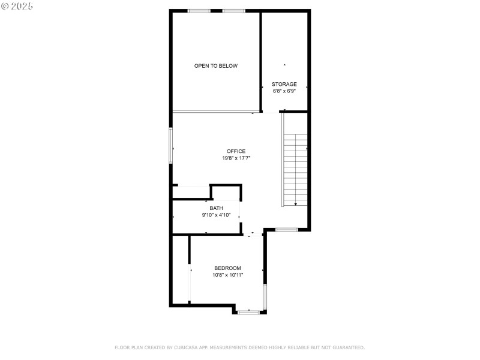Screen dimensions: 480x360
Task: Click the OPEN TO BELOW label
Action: tap(216, 66)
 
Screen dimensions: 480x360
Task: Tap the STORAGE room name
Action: tap(284, 84)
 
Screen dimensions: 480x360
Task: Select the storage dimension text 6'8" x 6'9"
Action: tap(284, 91)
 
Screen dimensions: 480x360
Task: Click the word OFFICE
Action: tap(236, 151)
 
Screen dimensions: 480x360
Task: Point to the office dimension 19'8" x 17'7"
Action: tap(236, 158)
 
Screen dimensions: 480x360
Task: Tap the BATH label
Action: tap(216, 208)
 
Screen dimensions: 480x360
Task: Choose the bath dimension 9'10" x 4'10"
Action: tap(216, 215)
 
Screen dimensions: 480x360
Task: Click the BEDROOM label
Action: tap(227, 268)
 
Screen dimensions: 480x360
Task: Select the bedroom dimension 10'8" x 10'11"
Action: tap(228, 275)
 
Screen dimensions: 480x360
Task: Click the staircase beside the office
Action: tap(295, 170)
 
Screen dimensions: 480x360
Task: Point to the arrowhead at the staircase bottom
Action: tap(296, 204)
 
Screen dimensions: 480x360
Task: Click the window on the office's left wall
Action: tap(171, 146)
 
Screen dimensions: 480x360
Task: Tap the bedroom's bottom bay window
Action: tap(248, 312)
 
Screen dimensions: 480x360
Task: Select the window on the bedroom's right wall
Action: tap(265, 296)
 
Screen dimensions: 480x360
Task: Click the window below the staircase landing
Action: tap(287, 230)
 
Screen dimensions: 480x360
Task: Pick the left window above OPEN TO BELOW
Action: tap(199, 11)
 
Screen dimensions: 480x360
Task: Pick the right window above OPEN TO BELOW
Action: tap(234, 11)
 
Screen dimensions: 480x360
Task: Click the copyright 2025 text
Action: tap(17, 6)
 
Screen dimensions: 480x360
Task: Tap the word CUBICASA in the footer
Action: tap(186, 347)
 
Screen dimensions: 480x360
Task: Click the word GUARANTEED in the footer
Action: tap(349, 347)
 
